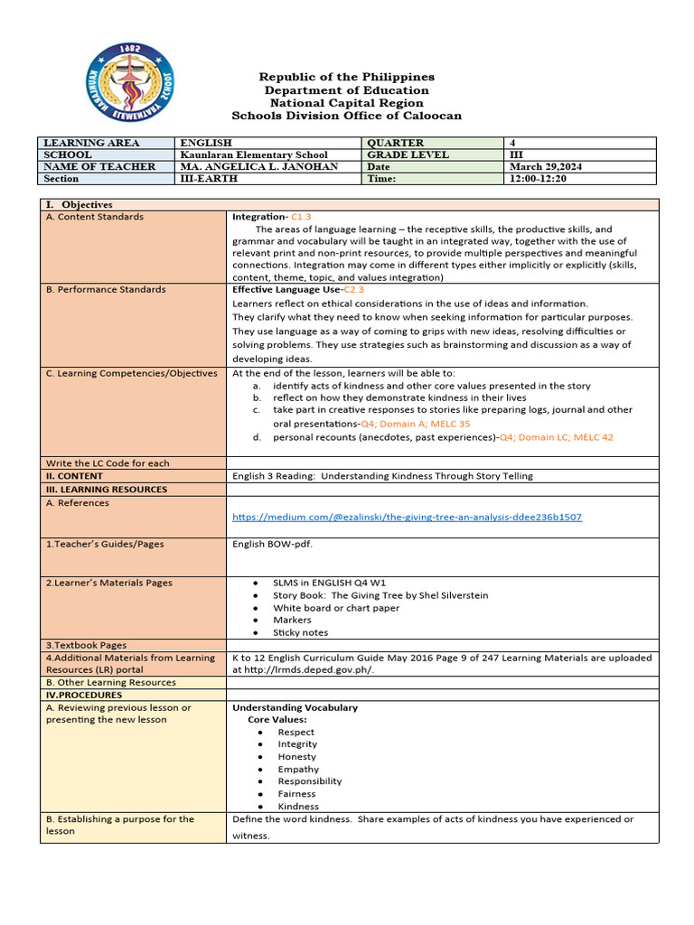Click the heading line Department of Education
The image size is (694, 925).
pyautogui.click(x=346, y=90)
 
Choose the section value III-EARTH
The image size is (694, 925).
pyautogui.click(x=209, y=179)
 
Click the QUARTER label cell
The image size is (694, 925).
pyautogui.click(x=395, y=143)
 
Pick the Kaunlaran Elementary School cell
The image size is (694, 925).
pyautogui.click(x=254, y=155)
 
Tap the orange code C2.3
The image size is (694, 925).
pyautogui.click(x=353, y=290)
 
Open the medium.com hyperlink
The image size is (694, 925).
pyautogui.click(x=407, y=518)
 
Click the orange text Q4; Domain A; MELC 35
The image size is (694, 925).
pyautogui.click(x=415, y=424)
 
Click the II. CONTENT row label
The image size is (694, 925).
pyautogui.click(x=74, y=476)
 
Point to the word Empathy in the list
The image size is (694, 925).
pyautogui.click(x=298, y=770)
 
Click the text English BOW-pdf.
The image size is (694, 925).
pyautogui.click(x=272, y=545)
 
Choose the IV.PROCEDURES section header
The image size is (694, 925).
pyautogui.click(x=83, y=696)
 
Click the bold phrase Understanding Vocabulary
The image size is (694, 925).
pyautogui.click(x=295, y=708)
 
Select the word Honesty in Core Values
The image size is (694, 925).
pyautogui.click(x=297, y=757)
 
